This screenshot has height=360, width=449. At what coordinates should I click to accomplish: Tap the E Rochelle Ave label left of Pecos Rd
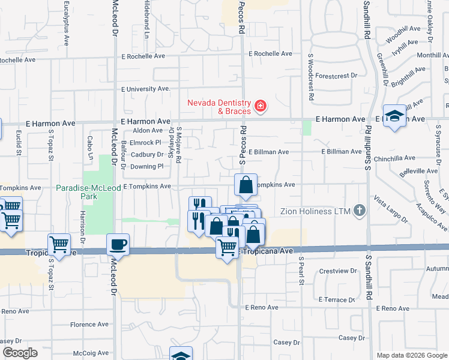[143, 56]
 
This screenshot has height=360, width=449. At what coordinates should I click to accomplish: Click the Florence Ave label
[89, 325]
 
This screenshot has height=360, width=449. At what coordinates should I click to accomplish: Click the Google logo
[20, 353]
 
